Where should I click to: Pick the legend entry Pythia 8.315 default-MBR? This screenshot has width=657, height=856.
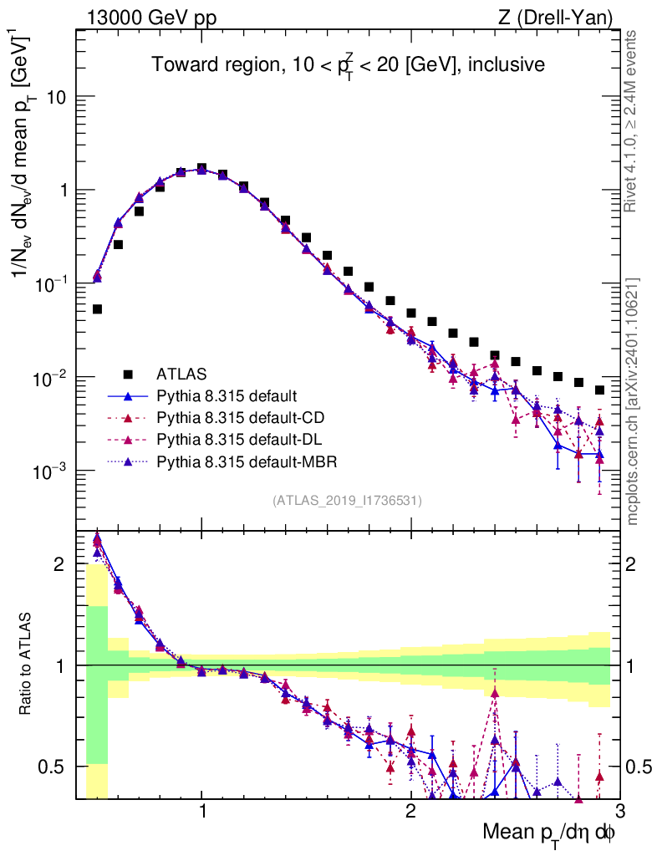pos(242,461)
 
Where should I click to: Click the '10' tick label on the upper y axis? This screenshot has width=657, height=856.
pos(56,97)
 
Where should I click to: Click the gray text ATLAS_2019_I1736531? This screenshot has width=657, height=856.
pos(347,501)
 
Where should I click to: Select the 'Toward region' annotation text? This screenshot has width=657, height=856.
pos(348,65)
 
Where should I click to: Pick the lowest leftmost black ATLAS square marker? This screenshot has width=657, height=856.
pos(97,309)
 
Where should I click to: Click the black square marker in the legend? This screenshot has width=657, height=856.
pos(128,373)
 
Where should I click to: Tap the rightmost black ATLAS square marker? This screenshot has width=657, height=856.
pos(599,390)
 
